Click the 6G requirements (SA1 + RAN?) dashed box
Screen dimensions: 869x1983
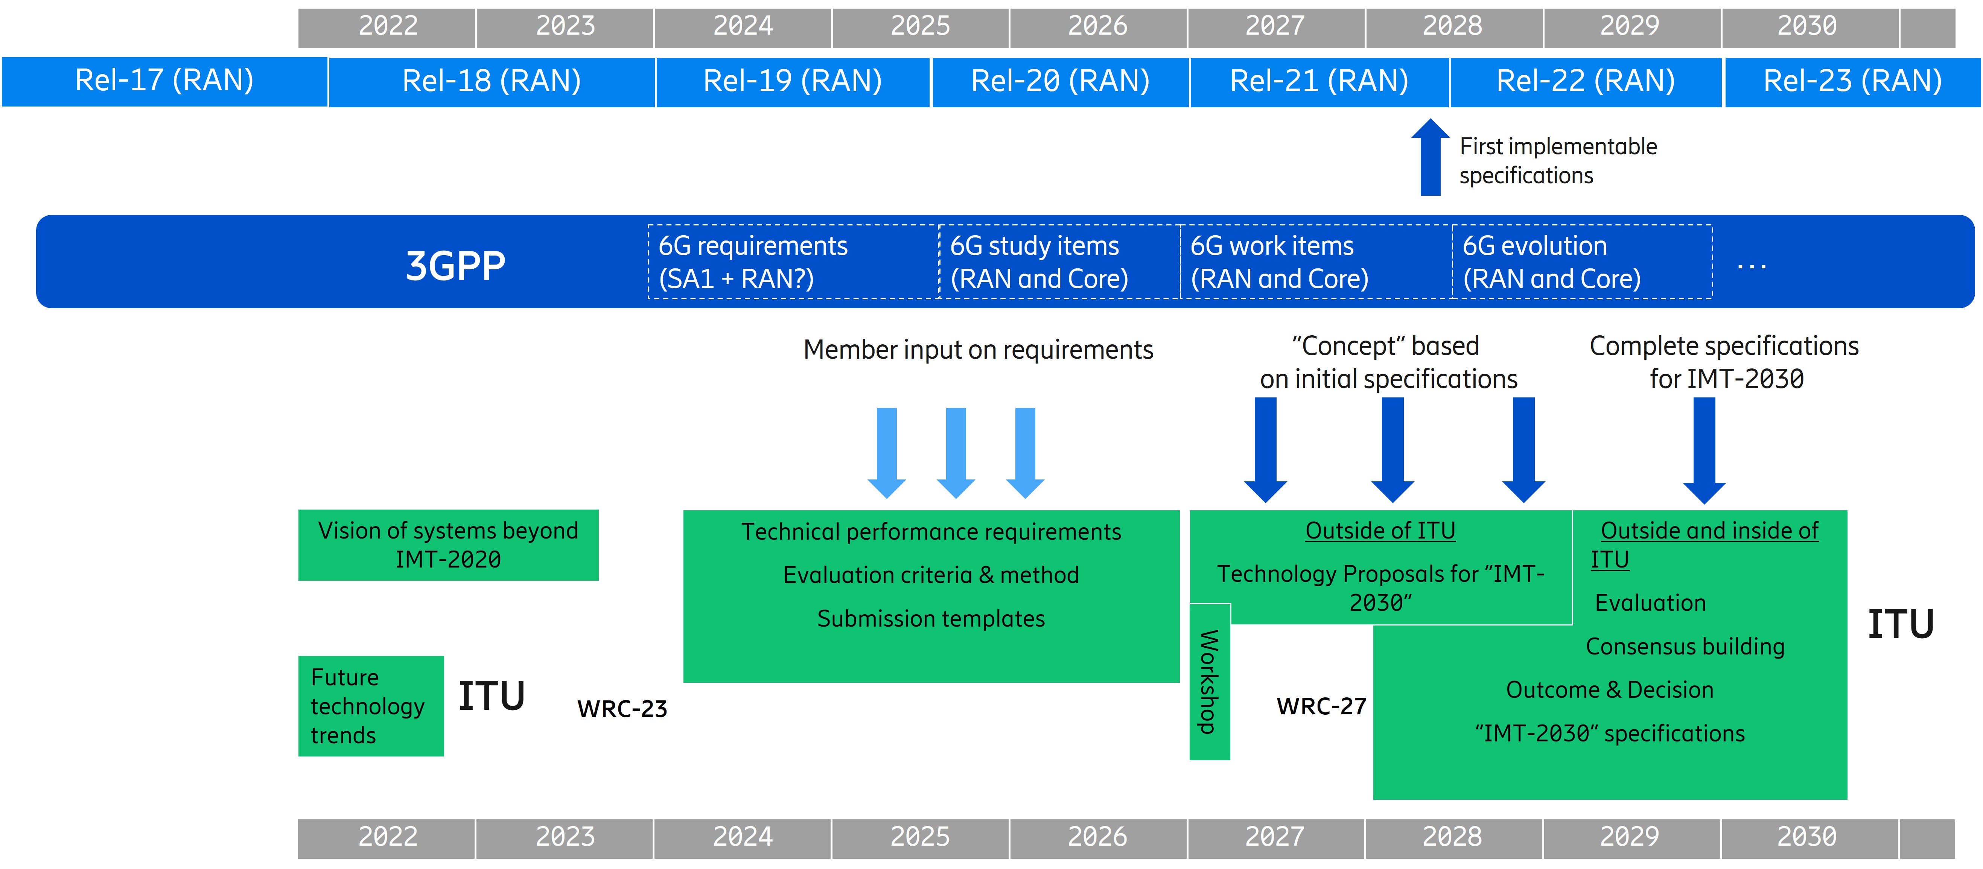coord(793,262)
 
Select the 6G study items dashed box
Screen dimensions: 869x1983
coord(1059,262)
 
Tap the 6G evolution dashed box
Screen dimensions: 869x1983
coord(1582,262)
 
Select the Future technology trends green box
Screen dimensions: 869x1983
coord(370,706)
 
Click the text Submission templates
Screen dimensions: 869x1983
coord(931,619)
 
